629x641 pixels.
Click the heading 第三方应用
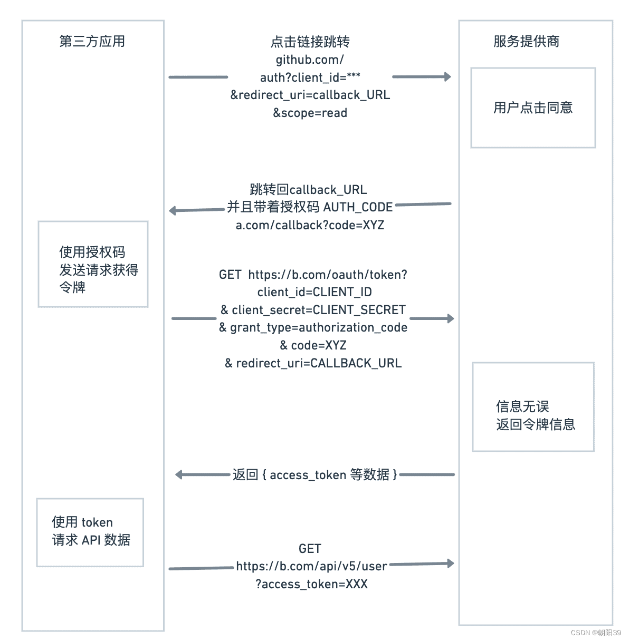(x=92, y=41)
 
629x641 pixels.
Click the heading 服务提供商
(x=526, y=41)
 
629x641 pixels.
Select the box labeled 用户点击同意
(x=533, y=108)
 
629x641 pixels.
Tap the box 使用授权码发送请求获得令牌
(x=93, y=264)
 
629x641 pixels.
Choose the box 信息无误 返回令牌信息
(x=533, y=406)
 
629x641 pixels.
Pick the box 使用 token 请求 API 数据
(x=90, y=532)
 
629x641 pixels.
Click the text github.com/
(x=310, y=60)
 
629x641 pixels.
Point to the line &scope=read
(x=310, y=113)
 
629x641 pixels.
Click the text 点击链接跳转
(x=310, y=42)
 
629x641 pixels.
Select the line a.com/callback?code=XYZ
(x=310, y=225)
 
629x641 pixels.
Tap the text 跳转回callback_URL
(x=308, y=189)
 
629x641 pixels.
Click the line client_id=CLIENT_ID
(x=314, y=292)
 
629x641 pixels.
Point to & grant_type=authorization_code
(x=313, y=327)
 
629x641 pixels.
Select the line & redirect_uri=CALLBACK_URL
(x=313, y=363)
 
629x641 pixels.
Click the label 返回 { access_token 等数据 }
(x=314, y=474)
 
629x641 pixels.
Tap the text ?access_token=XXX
(x=311, y=584)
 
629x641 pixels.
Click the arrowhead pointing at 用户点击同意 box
(x=447, y=77)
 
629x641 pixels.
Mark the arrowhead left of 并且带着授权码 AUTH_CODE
(x=173, y=211)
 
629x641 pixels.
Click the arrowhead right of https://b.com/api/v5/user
(x=450, y=564)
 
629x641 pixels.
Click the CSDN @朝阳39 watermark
(x=596, y=633)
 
